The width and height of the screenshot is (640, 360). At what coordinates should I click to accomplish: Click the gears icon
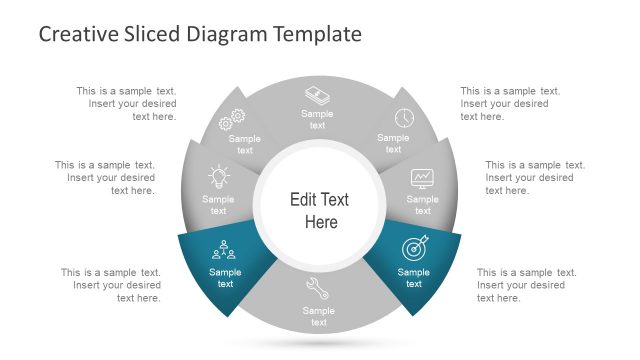[232, 119]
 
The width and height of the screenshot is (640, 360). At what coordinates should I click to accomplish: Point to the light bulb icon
[218, 177]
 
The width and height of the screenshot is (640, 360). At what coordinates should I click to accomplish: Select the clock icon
[403, 119]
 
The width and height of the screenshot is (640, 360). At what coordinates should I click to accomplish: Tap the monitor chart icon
[423, 178]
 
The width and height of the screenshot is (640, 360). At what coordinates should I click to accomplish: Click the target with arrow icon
[413, 248]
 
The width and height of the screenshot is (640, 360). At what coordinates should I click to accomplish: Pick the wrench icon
[317, 288]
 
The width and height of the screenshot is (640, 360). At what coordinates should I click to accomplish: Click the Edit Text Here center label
[320, 210]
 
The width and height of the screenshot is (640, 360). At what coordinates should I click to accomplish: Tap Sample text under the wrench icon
[317, 316]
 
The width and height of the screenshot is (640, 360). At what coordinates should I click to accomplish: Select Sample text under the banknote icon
[317, 119]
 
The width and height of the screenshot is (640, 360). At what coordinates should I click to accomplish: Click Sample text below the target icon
[413, 277]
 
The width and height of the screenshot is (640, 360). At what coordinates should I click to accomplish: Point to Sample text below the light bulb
[218, 205]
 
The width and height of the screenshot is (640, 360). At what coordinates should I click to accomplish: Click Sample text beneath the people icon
[225, 277]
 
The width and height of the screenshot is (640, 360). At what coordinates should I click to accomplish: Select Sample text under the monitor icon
[423, 205]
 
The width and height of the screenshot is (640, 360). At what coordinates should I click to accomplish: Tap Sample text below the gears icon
[244, 144]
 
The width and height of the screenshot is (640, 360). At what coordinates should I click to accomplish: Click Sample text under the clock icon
[394, 144]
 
